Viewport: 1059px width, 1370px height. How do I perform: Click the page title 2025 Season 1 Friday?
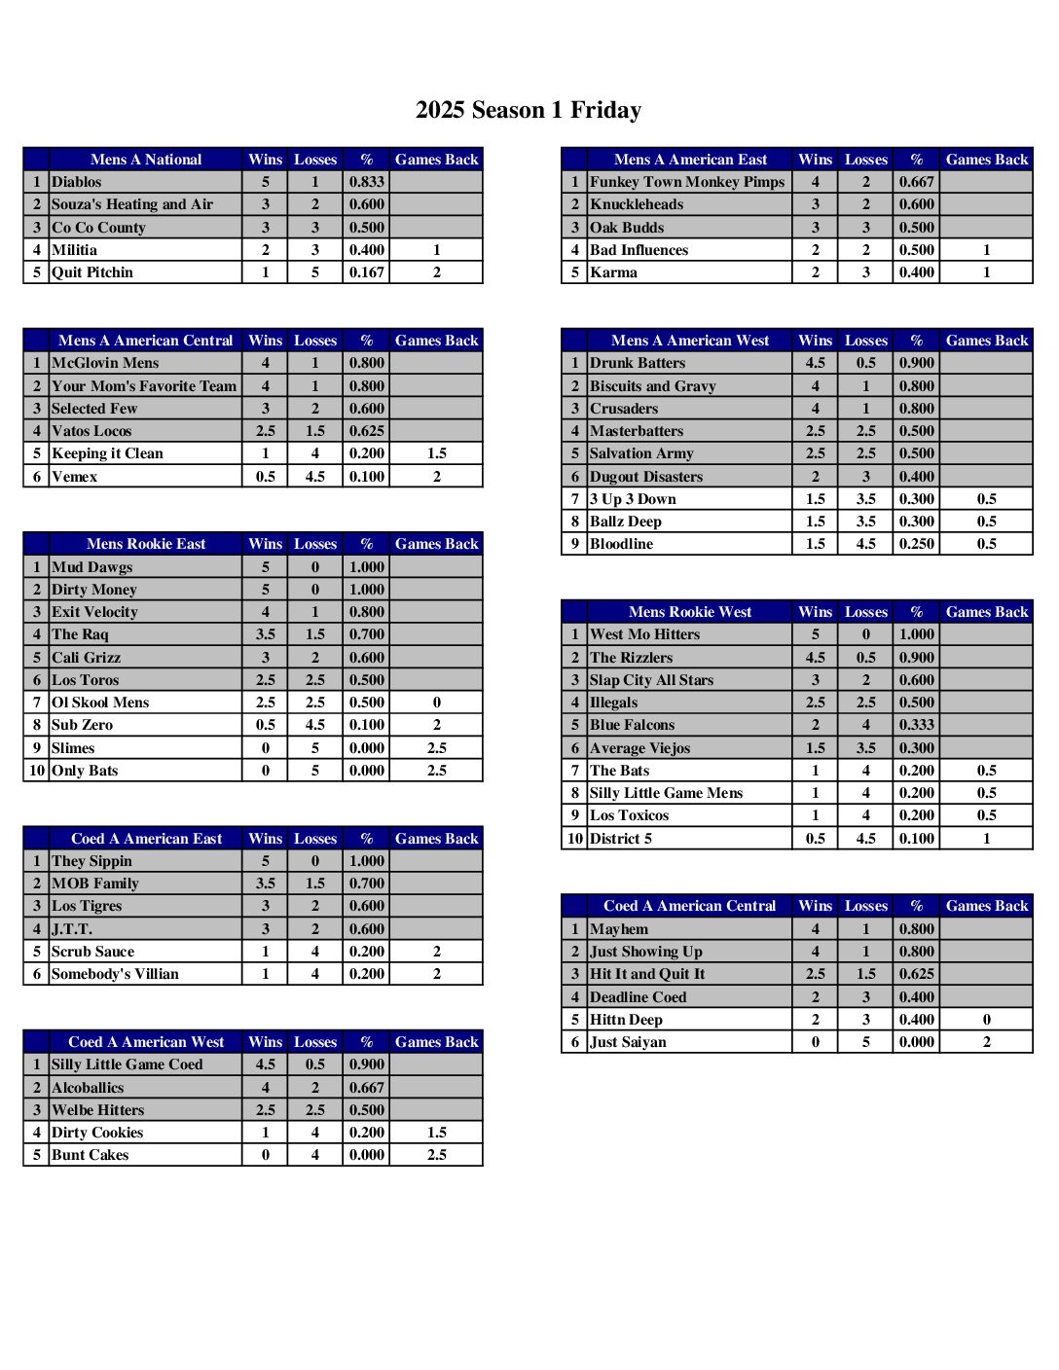529,110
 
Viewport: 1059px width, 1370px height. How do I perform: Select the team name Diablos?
77,182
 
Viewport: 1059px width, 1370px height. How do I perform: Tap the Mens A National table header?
146,160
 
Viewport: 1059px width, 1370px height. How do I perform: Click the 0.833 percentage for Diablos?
367,182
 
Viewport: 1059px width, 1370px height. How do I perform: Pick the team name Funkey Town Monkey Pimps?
687,182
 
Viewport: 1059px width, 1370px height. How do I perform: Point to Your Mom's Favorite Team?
144,386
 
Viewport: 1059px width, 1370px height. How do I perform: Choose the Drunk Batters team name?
638,363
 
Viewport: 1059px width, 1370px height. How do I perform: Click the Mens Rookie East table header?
146,544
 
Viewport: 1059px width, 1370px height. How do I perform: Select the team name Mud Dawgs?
92,567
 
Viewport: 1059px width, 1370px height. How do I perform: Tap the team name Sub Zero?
83,725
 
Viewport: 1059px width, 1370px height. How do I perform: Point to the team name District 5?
621,839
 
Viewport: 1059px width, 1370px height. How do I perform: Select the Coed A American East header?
146,839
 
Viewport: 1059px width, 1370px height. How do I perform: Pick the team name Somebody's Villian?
115,974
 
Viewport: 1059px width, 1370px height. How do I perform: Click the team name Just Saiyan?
629,1042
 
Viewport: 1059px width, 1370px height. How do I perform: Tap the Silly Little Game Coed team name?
128,1064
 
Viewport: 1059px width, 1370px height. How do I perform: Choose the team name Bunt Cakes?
91,1155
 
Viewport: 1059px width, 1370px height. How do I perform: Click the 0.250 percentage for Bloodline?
917,544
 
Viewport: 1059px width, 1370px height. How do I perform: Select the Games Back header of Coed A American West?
436,1042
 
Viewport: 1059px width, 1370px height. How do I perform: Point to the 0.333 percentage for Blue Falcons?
917,725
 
